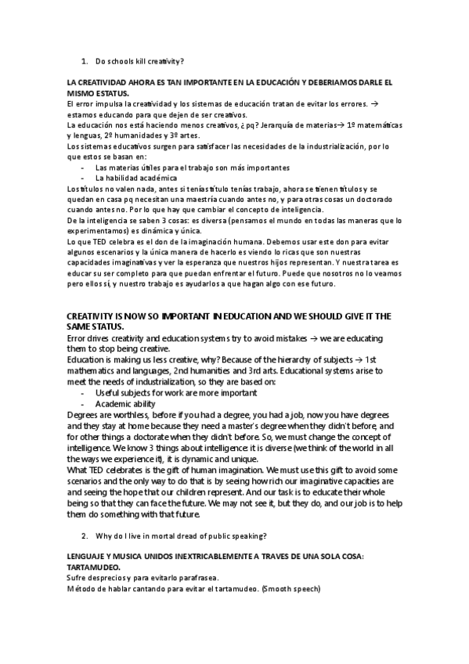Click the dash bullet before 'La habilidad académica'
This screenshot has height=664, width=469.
point(83,178)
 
